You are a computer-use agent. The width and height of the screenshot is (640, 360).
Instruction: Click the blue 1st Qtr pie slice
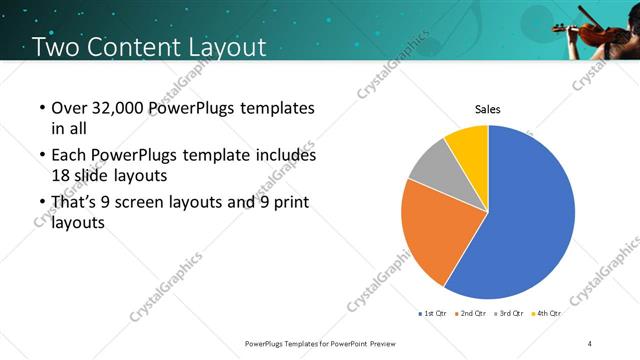[525, 215]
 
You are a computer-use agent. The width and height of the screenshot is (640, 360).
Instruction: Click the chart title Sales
[487, 110]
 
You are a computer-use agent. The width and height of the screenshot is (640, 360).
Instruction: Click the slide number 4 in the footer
[590, 344]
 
